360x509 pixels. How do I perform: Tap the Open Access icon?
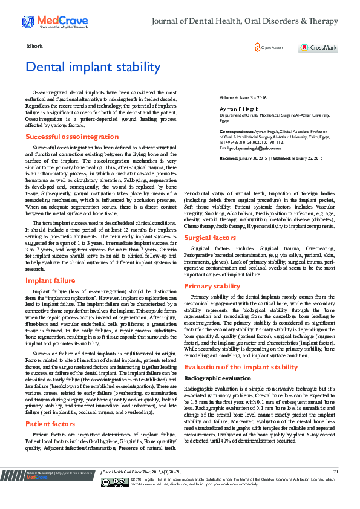269,47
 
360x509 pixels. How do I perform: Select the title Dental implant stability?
91,67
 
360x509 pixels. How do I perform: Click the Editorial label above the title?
35,47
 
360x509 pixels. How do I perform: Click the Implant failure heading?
50,280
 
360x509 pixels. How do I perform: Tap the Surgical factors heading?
210,238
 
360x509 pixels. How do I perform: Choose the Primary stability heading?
212,286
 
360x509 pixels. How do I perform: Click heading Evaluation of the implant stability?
241,367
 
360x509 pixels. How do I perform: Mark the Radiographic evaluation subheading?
217,378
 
